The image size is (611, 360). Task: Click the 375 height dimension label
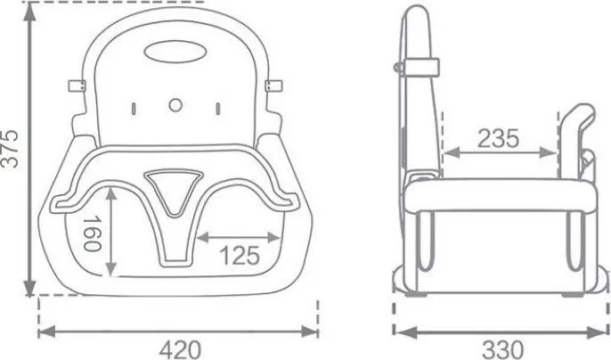(10, 149)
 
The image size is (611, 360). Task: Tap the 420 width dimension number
(181, 349)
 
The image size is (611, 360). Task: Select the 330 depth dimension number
(503, 349)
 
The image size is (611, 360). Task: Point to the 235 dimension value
(499, 138)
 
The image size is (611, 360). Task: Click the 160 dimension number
(93, 234)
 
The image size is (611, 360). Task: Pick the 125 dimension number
(240, 256)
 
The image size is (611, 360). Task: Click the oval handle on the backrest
(175, 52)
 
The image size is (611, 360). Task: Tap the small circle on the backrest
(175, 105)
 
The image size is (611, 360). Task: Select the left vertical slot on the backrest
(134, 109)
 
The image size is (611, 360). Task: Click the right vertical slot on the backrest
(218, 109)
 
